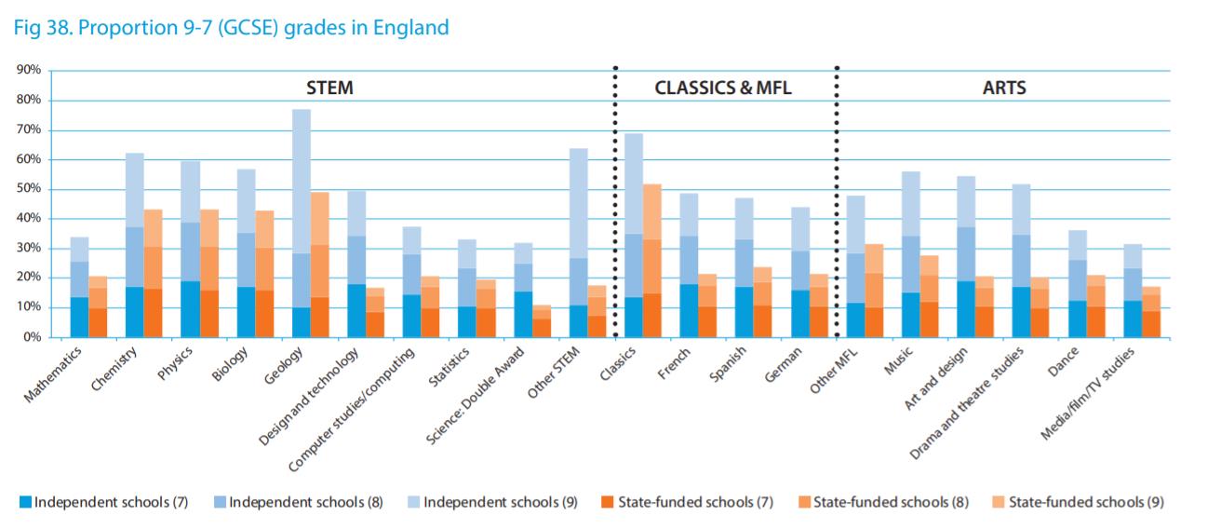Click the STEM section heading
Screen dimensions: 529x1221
tap(329, 88)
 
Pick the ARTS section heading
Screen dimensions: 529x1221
tap(1004, 88)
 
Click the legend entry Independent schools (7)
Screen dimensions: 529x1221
tap(104, 503)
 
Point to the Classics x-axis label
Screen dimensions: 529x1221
tap(616, 367)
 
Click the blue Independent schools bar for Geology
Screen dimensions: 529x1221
tap(302, 224)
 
